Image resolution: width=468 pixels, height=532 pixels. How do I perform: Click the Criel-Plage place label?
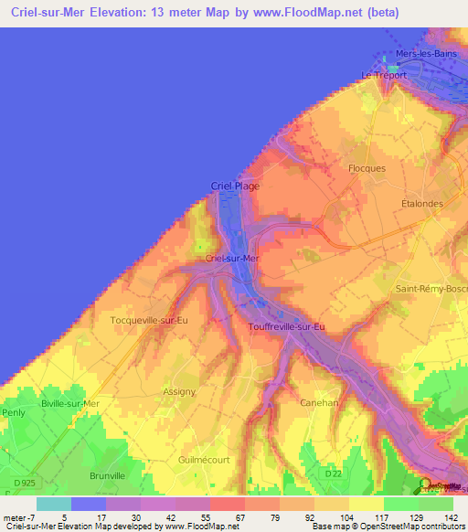(235, 186)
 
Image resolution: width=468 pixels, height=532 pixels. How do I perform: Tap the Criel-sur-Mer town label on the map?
(233, 259)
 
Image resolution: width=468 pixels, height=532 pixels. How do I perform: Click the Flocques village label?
(367, 168)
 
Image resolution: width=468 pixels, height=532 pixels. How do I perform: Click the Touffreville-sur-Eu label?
(287, 326)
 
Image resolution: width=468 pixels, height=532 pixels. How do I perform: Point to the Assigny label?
(179, 391)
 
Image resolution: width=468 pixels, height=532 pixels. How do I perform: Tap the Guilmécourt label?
(205, 460)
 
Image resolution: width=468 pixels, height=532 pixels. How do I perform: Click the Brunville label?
(107, 475)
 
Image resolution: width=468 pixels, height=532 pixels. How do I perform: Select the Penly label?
(13, 412)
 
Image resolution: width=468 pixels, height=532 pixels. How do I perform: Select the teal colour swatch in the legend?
(53, 504)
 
